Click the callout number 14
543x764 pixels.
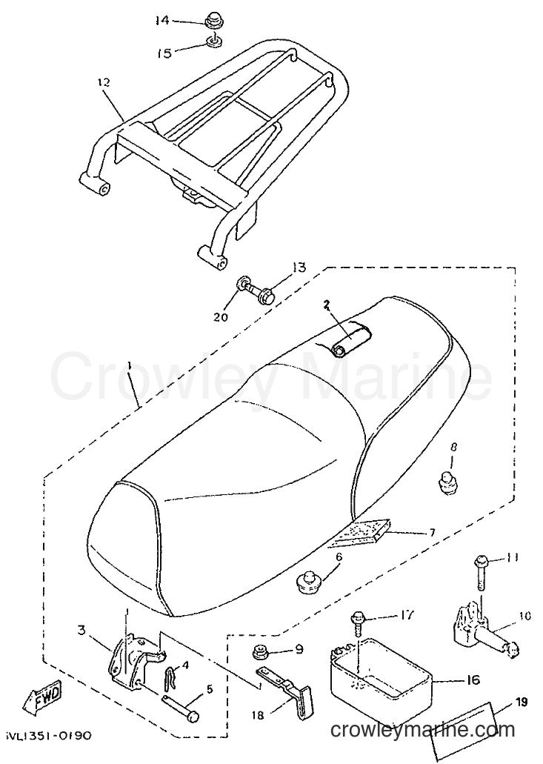[163, 21]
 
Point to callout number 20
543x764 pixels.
[221, 316]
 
